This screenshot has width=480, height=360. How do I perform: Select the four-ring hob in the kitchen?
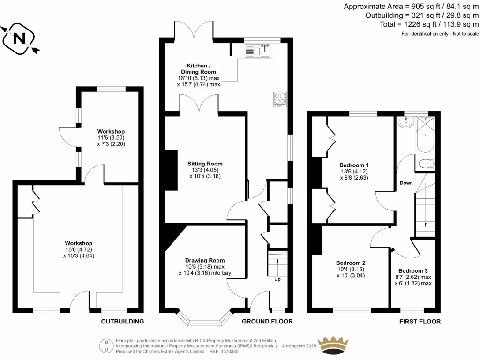tap(279, 99)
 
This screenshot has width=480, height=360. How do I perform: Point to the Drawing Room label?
tap(205, 260)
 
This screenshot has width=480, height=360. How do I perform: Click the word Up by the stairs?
tap(278, 279)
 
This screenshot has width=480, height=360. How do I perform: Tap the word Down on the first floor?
tap(406, 183)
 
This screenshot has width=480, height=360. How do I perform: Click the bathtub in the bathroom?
tap(426, 136)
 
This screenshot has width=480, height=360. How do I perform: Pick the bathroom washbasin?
tap(405, 123)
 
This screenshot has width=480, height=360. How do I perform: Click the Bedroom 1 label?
tap(354, 165)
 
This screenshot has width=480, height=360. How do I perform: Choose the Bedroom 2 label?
tap(351, 263)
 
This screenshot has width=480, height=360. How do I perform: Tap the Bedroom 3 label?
tap(413, 271)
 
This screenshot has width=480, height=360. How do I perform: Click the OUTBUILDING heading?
tap(122, 322)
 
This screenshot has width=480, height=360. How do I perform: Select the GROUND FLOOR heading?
tap(267, 322)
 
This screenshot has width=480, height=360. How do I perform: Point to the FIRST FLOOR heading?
tap(420, 322)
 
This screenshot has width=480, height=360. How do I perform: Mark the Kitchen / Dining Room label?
tap(202, 68)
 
